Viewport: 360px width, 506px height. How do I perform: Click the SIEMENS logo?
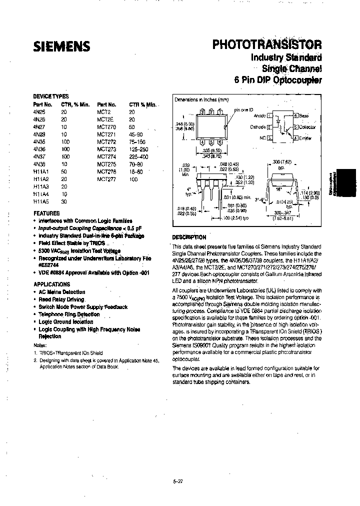[x=61, y=46]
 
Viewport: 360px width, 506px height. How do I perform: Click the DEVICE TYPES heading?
[x=50, y=96]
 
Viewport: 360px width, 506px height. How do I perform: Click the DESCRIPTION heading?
[x=189, y=237]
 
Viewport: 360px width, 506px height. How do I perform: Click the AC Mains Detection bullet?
[x=61, y=292]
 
